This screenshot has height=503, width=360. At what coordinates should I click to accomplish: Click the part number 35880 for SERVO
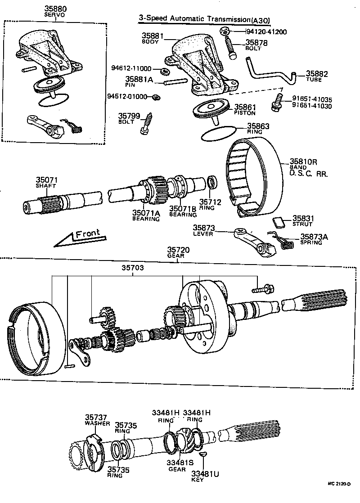[54, 9]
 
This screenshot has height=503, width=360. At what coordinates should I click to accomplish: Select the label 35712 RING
[211, 205]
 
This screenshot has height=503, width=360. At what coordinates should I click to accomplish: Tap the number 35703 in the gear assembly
[132, 268]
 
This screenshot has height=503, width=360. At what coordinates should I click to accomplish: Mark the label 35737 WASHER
[95, 420]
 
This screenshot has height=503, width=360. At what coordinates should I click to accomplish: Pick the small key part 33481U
[203, 455]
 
